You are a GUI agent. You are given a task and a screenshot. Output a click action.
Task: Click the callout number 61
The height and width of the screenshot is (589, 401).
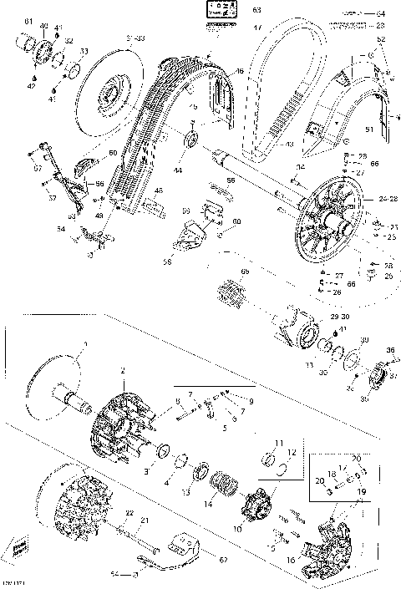coord(29,21)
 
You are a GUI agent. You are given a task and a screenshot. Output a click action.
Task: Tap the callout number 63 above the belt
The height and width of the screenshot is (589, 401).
coord(256,11)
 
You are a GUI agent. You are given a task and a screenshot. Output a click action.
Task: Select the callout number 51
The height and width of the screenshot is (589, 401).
coord(368,129)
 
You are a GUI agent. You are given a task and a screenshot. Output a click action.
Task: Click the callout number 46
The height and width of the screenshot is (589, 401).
coord(240,73)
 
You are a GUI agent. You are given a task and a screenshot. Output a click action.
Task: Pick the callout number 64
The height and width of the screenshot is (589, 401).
coord(380,14)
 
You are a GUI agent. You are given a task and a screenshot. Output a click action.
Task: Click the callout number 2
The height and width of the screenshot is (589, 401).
coord(123,370)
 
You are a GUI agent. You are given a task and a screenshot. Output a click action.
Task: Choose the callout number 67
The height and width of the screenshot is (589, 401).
coord(223,560)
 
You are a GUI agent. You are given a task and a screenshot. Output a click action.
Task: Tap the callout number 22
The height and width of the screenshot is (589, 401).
coord(129,511)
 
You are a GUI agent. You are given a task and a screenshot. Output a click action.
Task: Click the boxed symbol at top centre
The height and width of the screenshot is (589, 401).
coord(216,12)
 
